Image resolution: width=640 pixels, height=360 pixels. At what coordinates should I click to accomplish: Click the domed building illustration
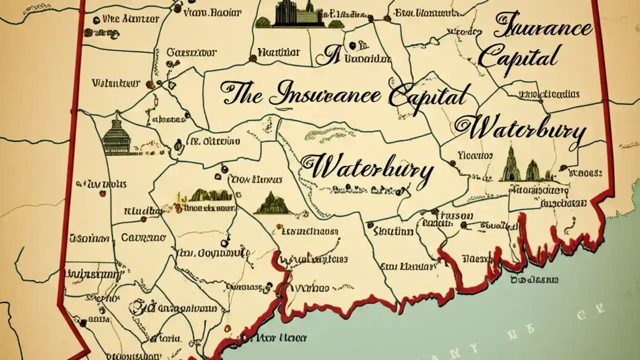point(116,136)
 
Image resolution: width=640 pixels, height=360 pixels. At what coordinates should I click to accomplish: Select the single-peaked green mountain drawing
point(273,204)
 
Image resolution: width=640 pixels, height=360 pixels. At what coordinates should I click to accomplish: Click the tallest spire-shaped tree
point(511,164)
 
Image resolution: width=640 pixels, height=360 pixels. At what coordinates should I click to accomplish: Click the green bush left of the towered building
point(263,22)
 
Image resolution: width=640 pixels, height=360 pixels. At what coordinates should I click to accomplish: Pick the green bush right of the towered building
point(336,23)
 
